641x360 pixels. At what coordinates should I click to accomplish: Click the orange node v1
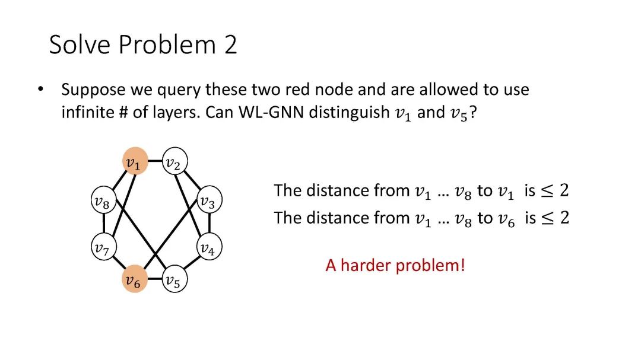click(135, 162)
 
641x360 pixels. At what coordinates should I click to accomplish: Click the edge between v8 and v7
click(103, 225)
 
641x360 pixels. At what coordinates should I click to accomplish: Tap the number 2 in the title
click(230, 45)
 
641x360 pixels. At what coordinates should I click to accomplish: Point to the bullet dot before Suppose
click(40, 90)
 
